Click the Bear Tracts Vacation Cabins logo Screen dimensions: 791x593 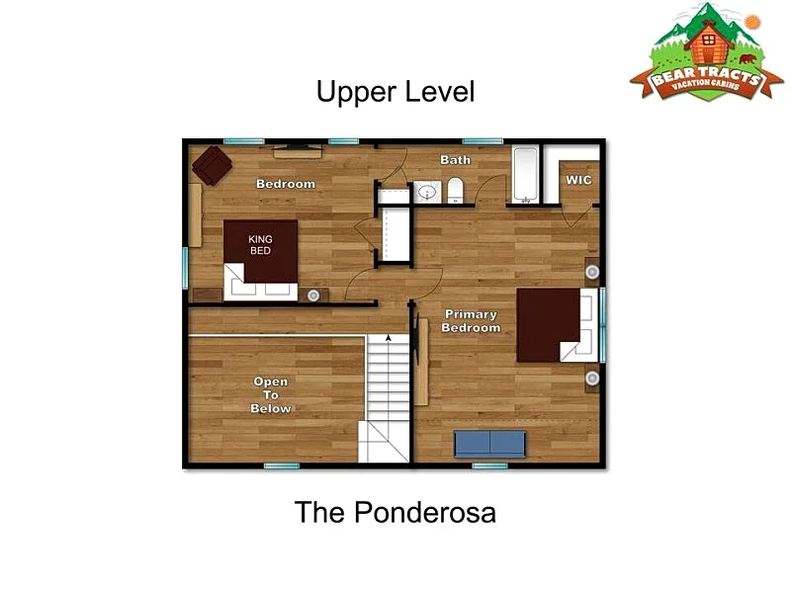click(706, 52)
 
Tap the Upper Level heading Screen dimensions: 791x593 click(395, 92)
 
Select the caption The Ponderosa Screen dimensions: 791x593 click(395, 512)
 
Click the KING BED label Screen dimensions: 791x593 click(260, 244)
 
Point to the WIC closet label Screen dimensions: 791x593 click(578, 180)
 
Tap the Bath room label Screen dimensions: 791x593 click(455, 160)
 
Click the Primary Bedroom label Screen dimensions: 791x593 click(472, 321)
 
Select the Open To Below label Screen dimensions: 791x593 click(271, 395)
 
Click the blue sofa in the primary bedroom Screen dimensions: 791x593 click(489, 444)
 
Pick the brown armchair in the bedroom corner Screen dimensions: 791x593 click(212, 165)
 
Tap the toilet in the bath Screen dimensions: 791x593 click(455, 190)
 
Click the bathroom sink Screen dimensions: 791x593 click(427, 192)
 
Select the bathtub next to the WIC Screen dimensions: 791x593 click(526, 175)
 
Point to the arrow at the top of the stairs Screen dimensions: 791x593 click(388, 338)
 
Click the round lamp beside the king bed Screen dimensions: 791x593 click(313, 296)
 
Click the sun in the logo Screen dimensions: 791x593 click(752, 21)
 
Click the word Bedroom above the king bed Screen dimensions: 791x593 click(286, 184)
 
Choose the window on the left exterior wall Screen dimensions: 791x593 click(185, 268)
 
